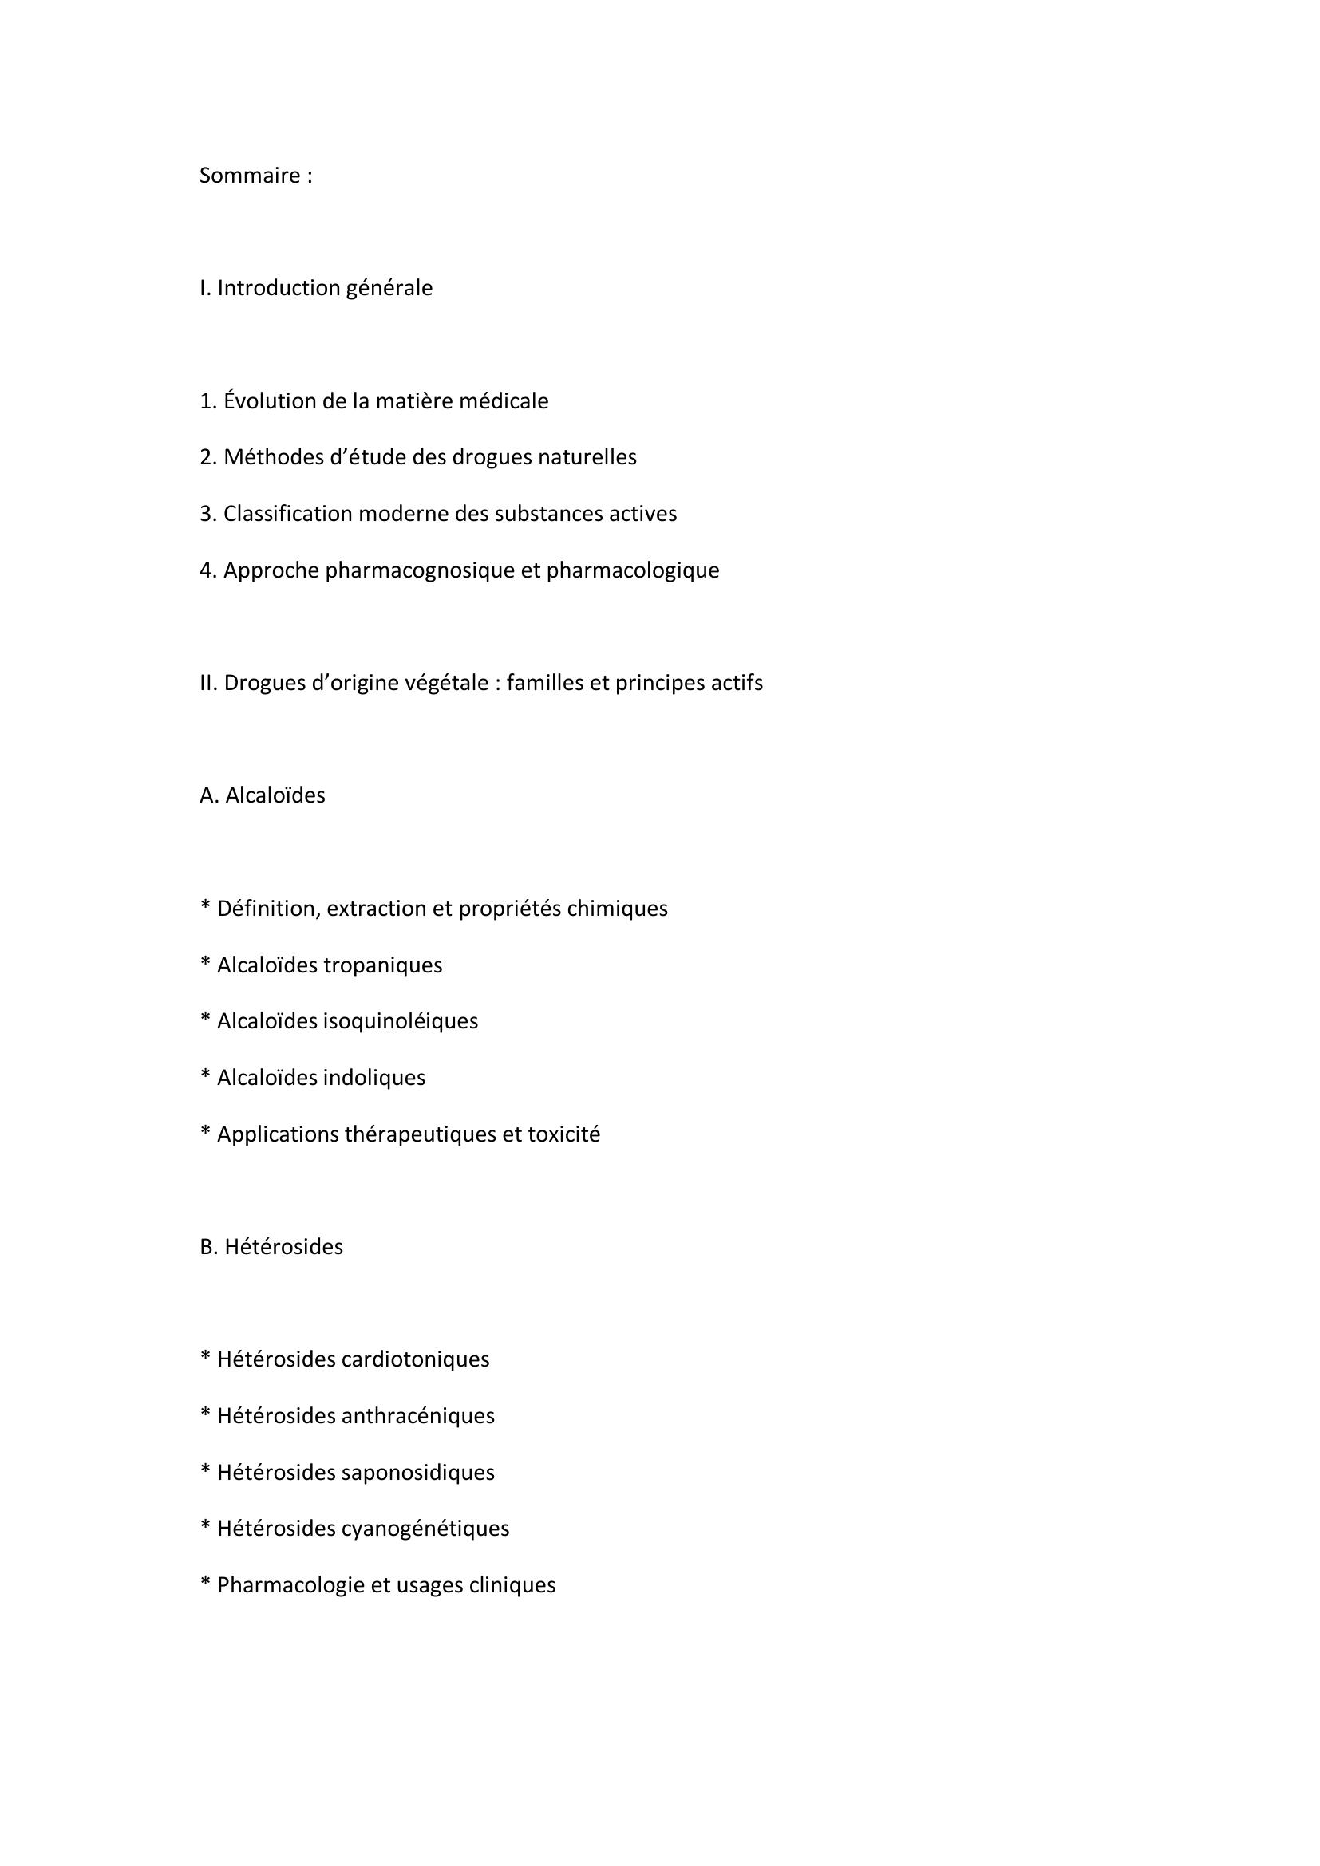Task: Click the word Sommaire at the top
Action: [x=250, y=176]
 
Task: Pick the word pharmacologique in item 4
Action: [x=632, y=570]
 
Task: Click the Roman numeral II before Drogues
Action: [x=207, y=683]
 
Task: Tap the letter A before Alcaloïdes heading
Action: [x=207, y=795]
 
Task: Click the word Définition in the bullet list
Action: [x=268, y=909]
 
